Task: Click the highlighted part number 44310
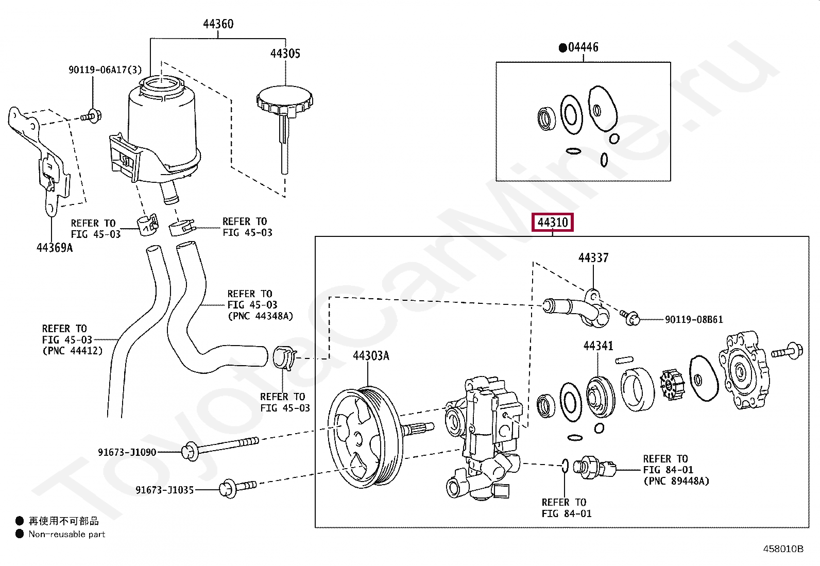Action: (553, 222)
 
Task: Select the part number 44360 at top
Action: (218, 24)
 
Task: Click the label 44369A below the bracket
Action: (55, 248)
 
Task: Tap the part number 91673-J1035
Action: (164, 490)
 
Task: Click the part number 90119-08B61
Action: (693, 319)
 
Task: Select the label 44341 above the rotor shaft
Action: (598, 346)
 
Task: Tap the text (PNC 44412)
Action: (72, 351)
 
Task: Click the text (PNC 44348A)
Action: (260, 316)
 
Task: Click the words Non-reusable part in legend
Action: (67, 535)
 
